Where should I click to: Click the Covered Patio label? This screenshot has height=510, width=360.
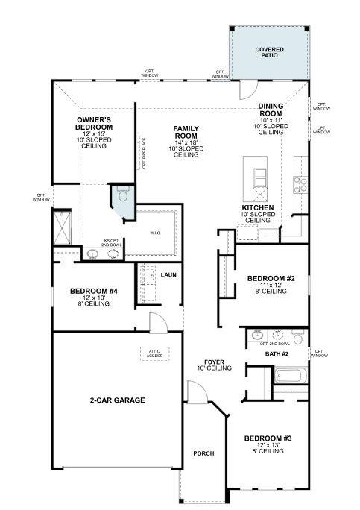270,53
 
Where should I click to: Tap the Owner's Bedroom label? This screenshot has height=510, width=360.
94,123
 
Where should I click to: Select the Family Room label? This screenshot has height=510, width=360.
186,133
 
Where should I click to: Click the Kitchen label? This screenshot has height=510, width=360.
258,207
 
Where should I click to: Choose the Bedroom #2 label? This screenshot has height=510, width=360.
271,279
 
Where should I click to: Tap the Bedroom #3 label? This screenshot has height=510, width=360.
266,438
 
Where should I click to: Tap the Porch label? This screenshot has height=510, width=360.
203,453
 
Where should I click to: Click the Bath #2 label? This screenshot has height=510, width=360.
277,353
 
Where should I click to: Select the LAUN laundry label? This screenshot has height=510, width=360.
168,275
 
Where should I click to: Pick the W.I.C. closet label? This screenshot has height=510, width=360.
155,233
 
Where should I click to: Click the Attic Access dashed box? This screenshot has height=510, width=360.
154,353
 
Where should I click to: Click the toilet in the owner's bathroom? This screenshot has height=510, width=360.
122,196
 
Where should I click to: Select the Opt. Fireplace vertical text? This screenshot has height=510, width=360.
144,152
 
